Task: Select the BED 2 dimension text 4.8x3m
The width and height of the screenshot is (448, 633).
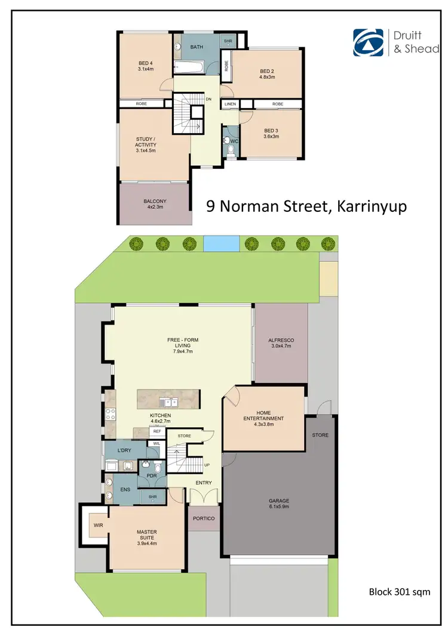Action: click(266, 76)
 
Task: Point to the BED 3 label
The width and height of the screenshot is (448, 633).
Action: click(272, 131)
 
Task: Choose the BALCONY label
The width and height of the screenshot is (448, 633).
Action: click(155, 201)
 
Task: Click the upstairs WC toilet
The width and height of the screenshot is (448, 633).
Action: click(229, 141)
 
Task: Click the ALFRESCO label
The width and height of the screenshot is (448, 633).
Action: click(281, 340)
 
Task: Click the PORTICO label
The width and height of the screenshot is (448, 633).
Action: click(204, 518)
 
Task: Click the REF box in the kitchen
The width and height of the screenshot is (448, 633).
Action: click(157, 431)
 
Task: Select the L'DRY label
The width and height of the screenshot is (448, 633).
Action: click(124, 450)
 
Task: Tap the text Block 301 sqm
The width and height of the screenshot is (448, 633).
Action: click(399, 592)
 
